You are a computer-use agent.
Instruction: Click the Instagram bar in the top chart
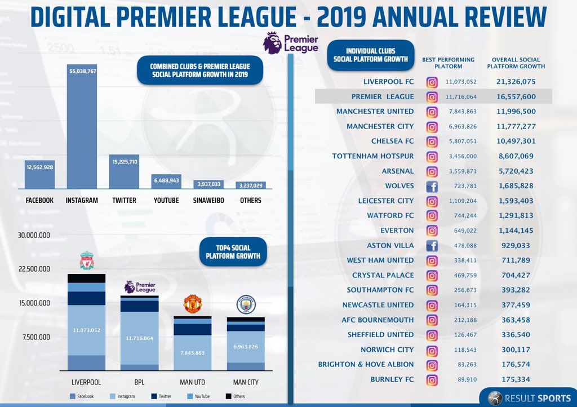82,130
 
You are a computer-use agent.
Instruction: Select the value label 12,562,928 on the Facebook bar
40,167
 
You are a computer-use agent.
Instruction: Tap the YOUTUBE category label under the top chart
166,201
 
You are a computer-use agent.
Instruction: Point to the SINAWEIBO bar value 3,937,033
208,184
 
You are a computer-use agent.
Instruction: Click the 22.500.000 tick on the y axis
34,269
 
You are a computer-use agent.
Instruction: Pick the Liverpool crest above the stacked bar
86,261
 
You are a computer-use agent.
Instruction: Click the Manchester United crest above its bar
193,303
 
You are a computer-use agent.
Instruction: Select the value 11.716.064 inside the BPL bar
139,338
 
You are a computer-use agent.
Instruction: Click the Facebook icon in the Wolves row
432,186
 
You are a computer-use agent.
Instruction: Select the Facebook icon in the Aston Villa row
432,246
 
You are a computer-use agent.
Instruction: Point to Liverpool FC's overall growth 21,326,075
516,82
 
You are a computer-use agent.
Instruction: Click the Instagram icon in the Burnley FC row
432,380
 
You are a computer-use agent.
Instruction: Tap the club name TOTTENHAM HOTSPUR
372,156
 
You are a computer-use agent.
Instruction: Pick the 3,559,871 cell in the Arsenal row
461,171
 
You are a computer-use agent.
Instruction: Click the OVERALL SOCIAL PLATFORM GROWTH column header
516,63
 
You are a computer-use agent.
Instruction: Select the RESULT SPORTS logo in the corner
526,397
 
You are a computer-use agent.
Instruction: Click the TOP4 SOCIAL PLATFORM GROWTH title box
233,252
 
